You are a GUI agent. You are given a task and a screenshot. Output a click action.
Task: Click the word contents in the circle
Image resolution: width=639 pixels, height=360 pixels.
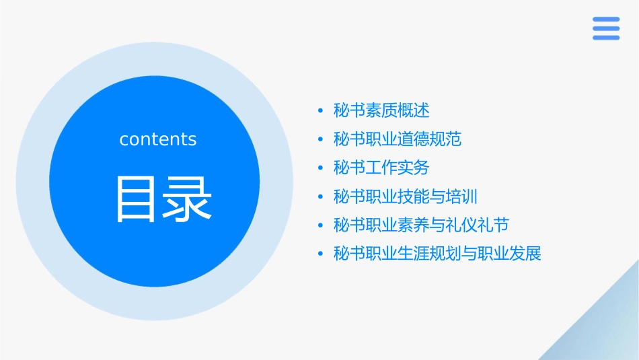[x=158, y=139]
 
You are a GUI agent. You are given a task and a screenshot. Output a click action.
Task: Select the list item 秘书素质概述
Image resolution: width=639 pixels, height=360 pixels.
[x=381, y=110]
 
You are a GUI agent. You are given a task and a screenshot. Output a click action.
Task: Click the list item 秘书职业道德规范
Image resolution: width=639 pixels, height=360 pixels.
[x=398, y=139]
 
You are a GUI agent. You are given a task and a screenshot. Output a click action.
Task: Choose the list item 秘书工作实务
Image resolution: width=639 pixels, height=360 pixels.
[x=381, y=168]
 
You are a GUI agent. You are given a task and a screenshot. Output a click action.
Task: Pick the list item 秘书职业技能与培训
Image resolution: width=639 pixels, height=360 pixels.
[x=406, y=196]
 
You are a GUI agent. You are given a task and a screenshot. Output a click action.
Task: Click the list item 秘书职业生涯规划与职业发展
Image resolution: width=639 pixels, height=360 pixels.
[x=437, y=254]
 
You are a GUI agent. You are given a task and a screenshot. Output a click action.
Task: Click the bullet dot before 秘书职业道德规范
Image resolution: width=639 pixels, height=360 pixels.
[x=320, y=140]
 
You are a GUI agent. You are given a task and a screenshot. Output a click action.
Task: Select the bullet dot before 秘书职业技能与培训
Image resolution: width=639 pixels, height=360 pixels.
[x=320, y=197]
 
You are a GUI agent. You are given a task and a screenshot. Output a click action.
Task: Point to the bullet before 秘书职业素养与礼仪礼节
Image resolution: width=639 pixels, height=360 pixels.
[x=320, y=225]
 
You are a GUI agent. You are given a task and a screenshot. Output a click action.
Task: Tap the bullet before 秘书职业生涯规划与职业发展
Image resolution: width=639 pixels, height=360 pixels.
[x=320, y=254]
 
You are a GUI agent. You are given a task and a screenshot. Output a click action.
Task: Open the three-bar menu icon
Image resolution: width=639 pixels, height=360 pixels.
[x=606, y=28]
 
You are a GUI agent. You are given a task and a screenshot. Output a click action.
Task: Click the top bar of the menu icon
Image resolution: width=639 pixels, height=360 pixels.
[x=606, y=19]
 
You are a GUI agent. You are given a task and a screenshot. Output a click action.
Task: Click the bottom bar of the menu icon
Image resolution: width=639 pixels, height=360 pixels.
[x=606, y=38]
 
